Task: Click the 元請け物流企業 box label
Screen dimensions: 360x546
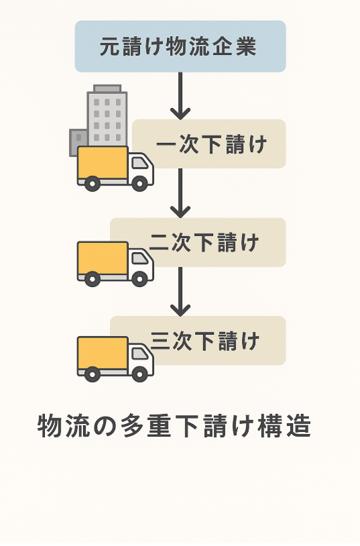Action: point(178,47)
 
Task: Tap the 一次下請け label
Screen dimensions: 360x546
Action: point(212,144)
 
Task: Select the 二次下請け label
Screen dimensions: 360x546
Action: point(204,242)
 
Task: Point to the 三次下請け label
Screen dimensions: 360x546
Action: point(205,341)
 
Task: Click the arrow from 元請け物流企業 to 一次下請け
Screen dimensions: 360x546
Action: point(180,96)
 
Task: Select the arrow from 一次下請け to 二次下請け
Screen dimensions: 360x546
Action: point(180,193)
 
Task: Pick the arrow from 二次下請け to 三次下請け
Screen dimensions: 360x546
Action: point(180,292)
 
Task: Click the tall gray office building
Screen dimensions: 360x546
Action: point(107,117)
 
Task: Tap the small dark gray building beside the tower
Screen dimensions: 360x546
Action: point(78,142)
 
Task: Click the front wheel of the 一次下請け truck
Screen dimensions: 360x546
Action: point(139,184)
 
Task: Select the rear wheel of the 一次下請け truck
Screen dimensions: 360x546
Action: point(93,184)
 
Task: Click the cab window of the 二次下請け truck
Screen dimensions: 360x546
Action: point(140,258)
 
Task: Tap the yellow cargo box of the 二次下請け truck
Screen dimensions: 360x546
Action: point(103,258)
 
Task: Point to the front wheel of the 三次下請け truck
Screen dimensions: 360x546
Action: point(139,374)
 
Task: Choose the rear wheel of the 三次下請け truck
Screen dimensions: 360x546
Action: point(93,374)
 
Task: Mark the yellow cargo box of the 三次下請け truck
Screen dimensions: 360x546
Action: point(103,353)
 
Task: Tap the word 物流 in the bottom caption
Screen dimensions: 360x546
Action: point(62,426)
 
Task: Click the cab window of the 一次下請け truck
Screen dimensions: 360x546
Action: point(140,163)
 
